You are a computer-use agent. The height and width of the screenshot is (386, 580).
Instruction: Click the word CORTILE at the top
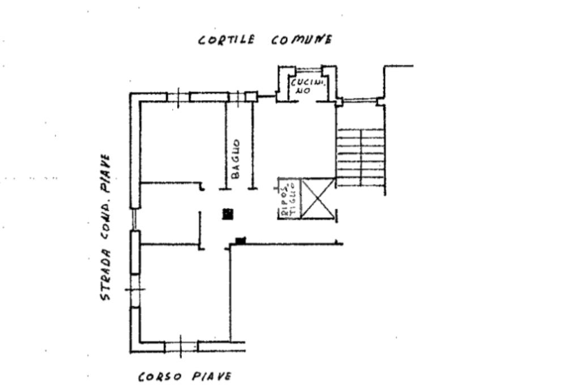point(226,40)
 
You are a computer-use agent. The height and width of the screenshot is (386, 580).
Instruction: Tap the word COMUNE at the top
point(301,40)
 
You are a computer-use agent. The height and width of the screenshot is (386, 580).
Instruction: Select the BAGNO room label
point(236,160)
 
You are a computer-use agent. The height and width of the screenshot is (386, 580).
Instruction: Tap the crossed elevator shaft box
point(317,198)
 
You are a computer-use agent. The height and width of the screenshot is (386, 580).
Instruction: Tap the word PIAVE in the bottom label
point(211,376)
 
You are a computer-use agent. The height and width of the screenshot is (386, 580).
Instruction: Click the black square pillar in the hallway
point(228,213)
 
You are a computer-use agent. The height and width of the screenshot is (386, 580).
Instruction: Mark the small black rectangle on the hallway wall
point(240,241)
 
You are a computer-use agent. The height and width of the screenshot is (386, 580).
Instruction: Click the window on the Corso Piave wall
point(181,346)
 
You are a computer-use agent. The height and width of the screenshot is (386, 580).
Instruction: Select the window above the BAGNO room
point(238,97)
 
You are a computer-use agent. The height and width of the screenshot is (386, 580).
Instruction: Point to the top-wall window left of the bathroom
point(178,97)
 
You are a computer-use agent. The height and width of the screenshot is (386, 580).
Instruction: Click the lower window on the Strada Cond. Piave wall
point(135,290)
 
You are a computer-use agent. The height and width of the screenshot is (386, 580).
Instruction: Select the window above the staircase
point(360,101)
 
